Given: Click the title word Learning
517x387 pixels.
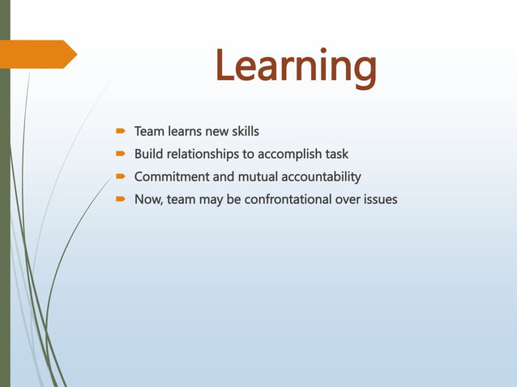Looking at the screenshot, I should click(296, 66).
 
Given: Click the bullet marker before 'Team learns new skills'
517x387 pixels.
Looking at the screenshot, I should click(119, 130).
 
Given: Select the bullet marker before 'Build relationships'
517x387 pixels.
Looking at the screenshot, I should click(119, 154).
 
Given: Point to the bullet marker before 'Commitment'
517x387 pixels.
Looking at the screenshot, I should click(119, 176).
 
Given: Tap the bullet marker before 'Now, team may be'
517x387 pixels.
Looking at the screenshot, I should click(119, 199).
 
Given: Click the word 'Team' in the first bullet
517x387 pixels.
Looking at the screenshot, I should click(148, 131).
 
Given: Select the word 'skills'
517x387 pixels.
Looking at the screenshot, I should click(243, 131).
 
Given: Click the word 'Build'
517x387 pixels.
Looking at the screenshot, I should click(148, 154).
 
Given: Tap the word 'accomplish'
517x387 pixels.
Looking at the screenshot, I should click(287, 154).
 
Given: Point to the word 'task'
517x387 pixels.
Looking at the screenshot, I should click(335, 154).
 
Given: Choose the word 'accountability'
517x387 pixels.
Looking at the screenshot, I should click(321, 176).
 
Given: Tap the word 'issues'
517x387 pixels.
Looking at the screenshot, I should click(379, 199).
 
